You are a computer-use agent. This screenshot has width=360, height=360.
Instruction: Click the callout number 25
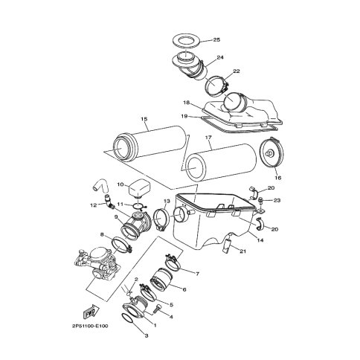[216, 40]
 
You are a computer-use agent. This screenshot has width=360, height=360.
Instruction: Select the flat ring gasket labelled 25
[186, 41]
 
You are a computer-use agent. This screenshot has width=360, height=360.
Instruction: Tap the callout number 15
[144, 119]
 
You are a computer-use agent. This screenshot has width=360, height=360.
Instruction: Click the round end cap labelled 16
[271, 152]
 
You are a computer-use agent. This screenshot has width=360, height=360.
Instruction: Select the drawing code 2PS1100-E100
[89, 326]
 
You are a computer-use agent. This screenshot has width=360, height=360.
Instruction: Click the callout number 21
[242, 251]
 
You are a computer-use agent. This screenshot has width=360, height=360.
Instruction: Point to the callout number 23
[277, 200]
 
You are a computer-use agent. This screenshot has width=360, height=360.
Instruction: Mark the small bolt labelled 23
[260, 201]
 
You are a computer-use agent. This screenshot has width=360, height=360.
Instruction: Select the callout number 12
[93, 205]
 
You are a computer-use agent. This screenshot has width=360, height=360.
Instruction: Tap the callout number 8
[101, 234]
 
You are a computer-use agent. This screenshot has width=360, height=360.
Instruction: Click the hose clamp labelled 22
[216, 87]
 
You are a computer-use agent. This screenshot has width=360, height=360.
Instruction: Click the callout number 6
[184, 289]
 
